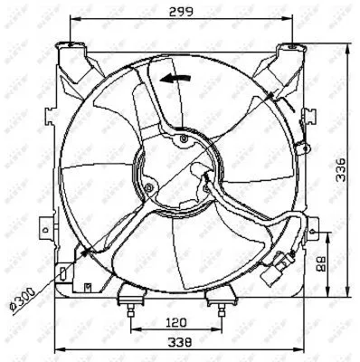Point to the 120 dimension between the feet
pos(177,322)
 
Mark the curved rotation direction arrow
pos(175,79)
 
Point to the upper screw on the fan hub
pos(185,139)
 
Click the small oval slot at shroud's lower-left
pos(61,272)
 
